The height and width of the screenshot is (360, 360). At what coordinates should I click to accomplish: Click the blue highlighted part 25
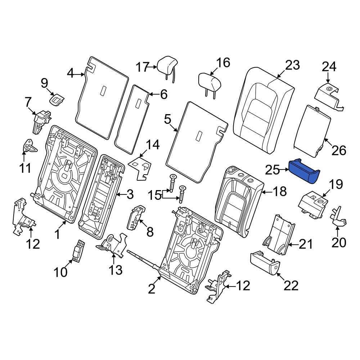click(x=304, y=171)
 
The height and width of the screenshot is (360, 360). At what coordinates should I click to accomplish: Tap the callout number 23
click(x=292, y=65)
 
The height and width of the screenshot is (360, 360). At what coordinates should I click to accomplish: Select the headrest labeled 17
click(x=167, y=68)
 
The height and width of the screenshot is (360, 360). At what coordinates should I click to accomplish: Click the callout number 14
click(x=153, y=145)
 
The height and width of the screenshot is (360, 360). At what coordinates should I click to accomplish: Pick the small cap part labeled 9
click(x=57, y=100)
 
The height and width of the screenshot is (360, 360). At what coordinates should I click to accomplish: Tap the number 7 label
click(x=28, y=103)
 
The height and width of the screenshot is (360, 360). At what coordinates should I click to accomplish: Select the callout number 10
click(x=60, y=272)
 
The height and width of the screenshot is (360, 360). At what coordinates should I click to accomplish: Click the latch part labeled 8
click(x=136, y=217)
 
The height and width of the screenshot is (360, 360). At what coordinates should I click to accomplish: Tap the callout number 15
click(x=154, y=195)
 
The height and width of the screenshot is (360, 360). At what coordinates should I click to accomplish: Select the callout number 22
click(x=291, y=285)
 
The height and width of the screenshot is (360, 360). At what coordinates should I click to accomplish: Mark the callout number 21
click(x=306, y=244)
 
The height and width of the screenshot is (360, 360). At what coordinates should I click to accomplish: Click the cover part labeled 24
click(x=329, y=97)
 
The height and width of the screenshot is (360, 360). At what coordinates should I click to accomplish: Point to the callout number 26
click(x=339, y=150)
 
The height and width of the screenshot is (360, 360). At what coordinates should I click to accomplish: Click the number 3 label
click(x=130, y=195)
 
